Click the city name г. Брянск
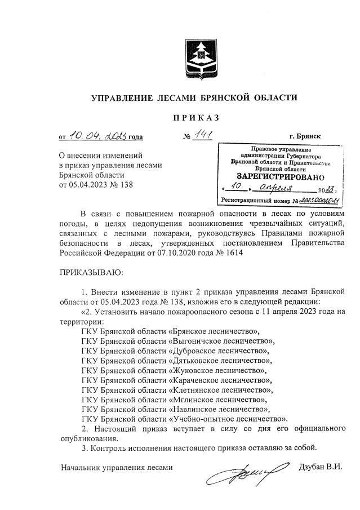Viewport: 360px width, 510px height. point(305,136)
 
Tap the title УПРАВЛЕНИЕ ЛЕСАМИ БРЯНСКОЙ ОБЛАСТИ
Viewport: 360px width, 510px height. point(194,98)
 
